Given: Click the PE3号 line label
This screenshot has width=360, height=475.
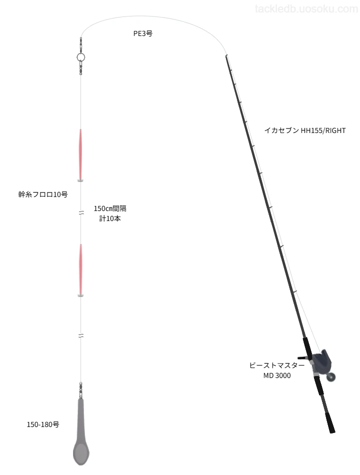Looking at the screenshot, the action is (142, 33).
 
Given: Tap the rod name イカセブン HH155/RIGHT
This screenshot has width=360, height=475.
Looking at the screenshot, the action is (305, 130).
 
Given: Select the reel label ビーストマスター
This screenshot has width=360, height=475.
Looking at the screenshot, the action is (276, 365).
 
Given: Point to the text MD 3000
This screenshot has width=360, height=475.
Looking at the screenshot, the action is (277, 375).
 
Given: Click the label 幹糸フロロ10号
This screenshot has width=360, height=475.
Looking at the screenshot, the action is (43, 194).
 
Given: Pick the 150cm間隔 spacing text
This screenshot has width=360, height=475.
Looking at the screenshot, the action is (110, 208).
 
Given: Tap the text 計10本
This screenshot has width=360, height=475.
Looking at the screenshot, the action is (110, 218).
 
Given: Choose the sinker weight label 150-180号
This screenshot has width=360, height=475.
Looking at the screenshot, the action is (43, 424).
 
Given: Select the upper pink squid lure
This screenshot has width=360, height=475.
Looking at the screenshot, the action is (80, 155).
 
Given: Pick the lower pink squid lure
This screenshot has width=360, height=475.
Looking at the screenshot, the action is (80, 270).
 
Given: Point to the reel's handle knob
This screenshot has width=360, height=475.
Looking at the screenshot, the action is (332, 377).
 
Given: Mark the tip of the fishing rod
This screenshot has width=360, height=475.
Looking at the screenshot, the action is (226, 55).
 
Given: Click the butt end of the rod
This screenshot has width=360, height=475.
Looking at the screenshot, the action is (332, 431).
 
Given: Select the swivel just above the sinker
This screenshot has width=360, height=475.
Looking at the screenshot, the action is (80, 390).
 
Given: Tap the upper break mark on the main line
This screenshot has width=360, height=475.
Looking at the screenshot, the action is (81, 212).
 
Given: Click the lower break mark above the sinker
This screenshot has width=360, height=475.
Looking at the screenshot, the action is (81, 335).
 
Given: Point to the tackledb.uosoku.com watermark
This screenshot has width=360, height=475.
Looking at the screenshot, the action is (306, 9).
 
